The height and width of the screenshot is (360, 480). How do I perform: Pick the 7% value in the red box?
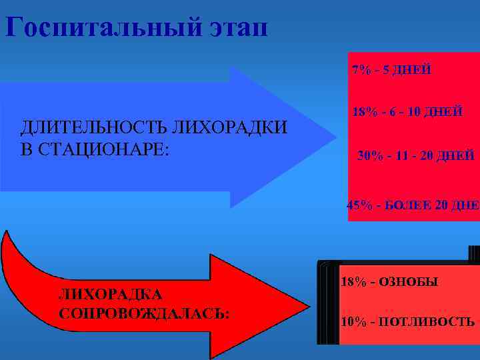361,69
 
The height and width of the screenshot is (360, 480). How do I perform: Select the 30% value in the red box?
370,156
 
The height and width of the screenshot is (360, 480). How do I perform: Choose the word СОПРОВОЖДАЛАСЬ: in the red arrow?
144,313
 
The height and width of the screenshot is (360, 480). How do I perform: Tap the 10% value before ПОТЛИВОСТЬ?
352,322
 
